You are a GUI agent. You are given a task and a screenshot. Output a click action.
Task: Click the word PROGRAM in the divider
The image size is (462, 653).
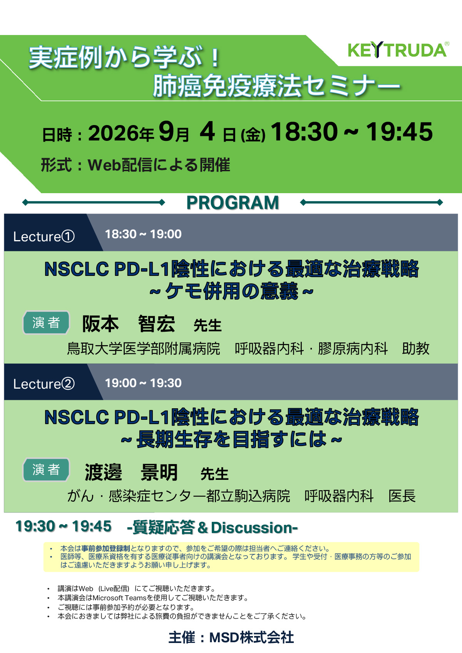(x=233, y=203)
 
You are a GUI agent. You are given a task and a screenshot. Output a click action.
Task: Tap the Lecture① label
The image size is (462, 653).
(x=44, y=236)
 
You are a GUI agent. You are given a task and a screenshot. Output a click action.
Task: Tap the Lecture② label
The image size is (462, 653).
(x=44, y=384)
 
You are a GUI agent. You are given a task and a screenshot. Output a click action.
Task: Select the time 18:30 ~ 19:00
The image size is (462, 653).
(x=143, y=234)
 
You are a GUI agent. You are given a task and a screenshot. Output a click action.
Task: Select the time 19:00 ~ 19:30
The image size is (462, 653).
(x=143, y=383)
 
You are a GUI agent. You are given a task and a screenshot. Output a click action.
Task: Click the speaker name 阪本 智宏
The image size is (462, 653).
(x=129, y=324)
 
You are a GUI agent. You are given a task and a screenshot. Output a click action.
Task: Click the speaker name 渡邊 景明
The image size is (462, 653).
(x=131, y=472)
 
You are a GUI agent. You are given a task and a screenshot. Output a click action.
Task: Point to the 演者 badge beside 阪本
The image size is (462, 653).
(x=46, y=322)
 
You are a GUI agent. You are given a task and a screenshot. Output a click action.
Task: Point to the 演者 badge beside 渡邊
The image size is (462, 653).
(x=46, y=469)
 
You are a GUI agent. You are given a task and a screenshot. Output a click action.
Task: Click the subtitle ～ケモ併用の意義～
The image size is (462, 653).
(x=231, y=291)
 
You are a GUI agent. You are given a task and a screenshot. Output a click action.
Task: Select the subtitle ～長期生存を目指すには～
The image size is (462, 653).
(x=231, y=439)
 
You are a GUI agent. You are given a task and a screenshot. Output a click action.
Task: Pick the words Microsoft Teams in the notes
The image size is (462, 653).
(x=119, y=598)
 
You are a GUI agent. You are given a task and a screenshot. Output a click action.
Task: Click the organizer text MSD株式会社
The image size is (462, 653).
(x=251, y=638)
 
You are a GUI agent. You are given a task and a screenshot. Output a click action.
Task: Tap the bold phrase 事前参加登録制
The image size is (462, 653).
(x=105, y=548)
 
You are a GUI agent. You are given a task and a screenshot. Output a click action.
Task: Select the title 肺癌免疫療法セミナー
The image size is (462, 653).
(x=276, y=85)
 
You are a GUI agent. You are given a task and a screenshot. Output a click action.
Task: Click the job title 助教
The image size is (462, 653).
(x=416, y=349)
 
